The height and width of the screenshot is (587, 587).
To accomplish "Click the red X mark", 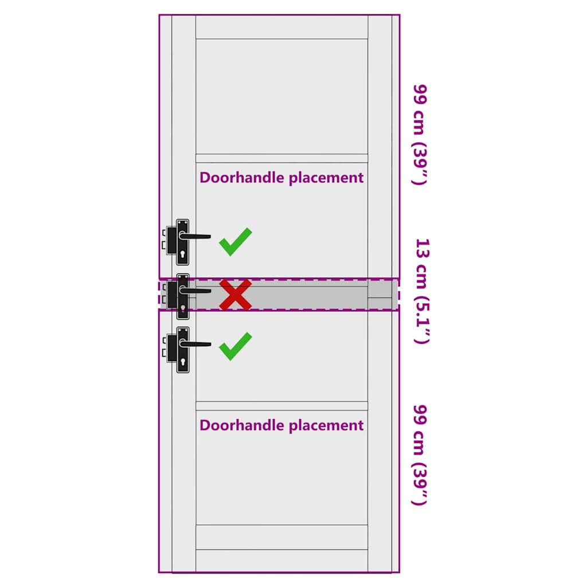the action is pos(236,295).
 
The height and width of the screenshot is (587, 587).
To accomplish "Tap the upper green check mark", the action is pos(236,242).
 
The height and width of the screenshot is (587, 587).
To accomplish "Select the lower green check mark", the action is pos(236,346).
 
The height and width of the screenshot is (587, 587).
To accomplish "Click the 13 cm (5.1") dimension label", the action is pos(422,291).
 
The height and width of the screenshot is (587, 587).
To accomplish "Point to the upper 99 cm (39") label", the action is pos(420,135).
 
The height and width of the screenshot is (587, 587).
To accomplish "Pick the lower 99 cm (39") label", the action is pos(420,455).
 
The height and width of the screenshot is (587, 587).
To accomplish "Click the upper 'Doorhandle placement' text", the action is pos(281,178).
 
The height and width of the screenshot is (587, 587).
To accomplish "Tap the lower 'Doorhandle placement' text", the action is pos(281,426).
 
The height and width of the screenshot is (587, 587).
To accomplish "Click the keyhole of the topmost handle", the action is pos(183,254).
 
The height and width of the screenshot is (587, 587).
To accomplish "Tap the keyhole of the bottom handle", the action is pos(183,362).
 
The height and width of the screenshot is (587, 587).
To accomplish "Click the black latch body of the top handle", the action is pos(172,240).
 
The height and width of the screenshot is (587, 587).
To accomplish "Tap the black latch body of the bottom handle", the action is pos(172,348).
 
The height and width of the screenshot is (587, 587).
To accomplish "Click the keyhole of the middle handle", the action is pos(183,308).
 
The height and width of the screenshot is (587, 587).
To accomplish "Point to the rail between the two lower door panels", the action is pos(281,406).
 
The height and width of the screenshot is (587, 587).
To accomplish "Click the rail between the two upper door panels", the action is pos(281,158).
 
